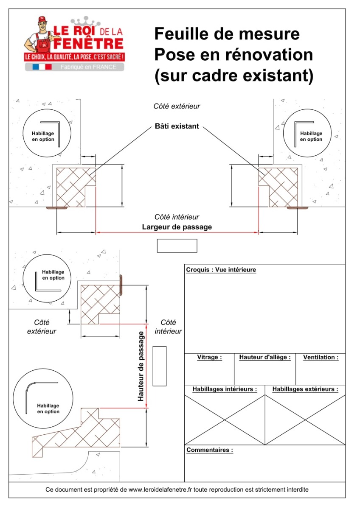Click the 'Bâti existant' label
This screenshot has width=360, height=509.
click(x=177, y=126)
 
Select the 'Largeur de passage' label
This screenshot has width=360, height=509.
click(x=177, y=227)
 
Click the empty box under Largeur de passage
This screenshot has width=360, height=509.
click(x=177, y=246)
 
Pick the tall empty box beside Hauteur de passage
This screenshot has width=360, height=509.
click(x=159, y=366)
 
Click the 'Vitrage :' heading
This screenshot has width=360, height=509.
click(x=209, y=358)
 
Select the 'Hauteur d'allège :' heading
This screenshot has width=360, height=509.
click(x=265, y=358)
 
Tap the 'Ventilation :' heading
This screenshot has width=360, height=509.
click(x=321, y=358)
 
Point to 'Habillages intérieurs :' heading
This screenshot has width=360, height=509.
click(x=225, y=389)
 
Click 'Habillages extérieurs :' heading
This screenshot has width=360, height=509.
click(x=305, y=389)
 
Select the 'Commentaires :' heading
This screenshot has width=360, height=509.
click(x=210, y=450)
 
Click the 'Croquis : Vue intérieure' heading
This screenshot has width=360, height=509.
click(x=221, y=270)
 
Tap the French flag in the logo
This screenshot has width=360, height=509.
click(x=42, y=67)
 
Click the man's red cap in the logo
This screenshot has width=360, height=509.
click(x=42, y=20)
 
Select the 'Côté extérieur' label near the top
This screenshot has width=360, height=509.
click(x=177, y=106)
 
